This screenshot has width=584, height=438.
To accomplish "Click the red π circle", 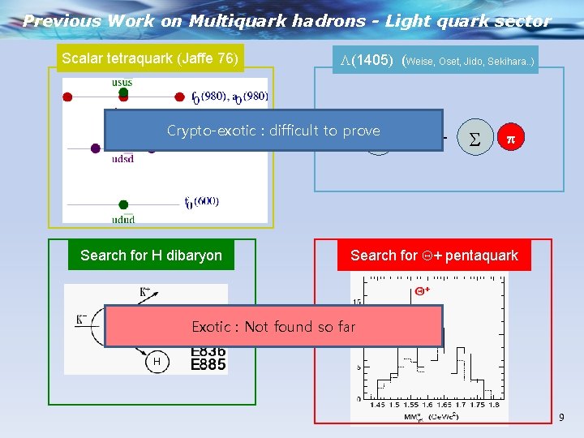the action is (510, 139).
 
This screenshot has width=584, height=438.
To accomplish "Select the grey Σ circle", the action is (474, 139).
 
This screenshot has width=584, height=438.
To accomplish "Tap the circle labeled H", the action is (157, 361).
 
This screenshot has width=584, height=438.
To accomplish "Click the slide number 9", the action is (560, 418).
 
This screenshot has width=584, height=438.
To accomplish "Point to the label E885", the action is (208, 365).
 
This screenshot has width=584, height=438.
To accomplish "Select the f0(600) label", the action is (201, 202).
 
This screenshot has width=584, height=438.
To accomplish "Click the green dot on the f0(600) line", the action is (123, 205).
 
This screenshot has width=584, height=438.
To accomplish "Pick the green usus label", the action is (122, 83).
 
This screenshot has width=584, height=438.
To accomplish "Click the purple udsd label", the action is (122, 158).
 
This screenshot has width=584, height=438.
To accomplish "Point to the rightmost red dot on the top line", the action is (179, 97).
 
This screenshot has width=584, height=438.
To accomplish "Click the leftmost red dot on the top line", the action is (68, 97).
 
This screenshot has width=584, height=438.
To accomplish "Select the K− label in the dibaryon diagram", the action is (82, 320).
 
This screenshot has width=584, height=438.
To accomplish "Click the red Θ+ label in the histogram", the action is (422, 290).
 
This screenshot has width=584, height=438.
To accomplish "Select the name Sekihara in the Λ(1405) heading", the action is (509, 61).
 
